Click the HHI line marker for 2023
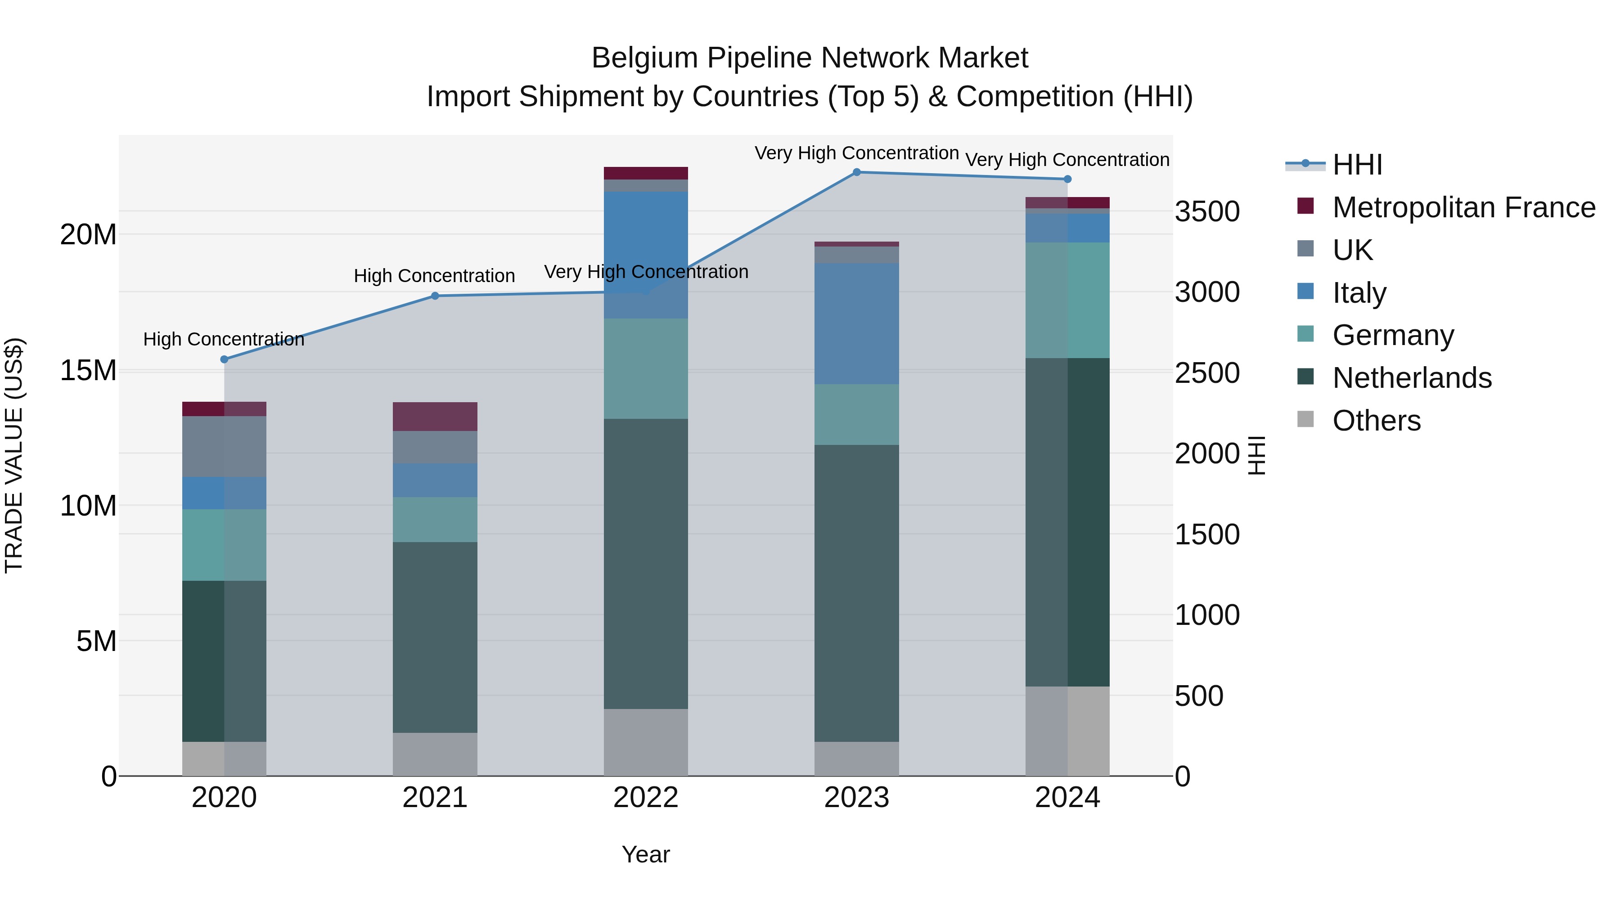pos(856,172)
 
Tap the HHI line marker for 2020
pos(225,359)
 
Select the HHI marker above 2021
pos(435,296)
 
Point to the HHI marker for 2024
pos(1067,179)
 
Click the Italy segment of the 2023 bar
pos(856,324)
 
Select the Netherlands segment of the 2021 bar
pos(435,637)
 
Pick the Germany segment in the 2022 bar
pos(646,368)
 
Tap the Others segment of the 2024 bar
pos(1067,731)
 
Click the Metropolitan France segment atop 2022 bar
pos(646,174)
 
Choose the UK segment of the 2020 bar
pos(225,446)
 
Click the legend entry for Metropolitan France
pos(1463,207)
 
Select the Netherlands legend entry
pos(1412,378)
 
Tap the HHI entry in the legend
pos(1357,165)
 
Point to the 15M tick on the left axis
pos(88,370)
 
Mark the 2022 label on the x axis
pos(646,798)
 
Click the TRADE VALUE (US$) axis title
pos(14,455)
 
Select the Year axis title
pos(646,854)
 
